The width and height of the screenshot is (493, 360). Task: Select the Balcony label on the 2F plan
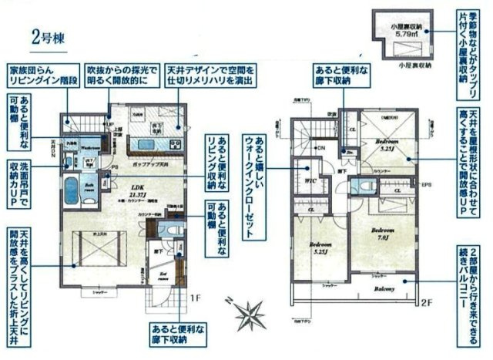(385, 290)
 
